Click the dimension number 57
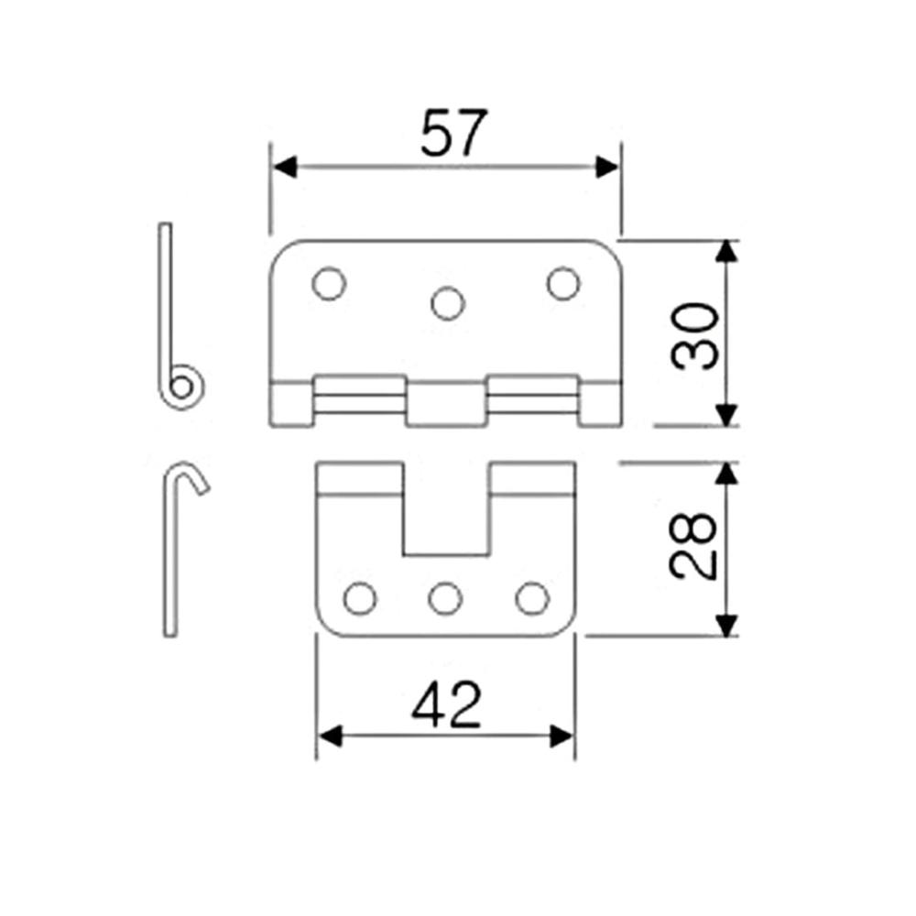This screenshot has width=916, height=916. point(453,133)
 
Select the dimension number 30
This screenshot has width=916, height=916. point(694,336)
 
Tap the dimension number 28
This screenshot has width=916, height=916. point(692,546)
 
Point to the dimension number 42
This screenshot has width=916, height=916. point(446,705)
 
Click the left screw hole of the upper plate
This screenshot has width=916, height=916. point(329,284)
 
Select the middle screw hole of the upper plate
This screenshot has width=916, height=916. point(448,303)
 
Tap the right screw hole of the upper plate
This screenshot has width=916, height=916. point(563,283)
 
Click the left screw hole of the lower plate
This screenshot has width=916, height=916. point(360,599)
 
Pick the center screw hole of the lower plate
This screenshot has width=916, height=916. point(445,599)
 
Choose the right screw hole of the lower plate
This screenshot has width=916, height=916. point(532,599)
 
